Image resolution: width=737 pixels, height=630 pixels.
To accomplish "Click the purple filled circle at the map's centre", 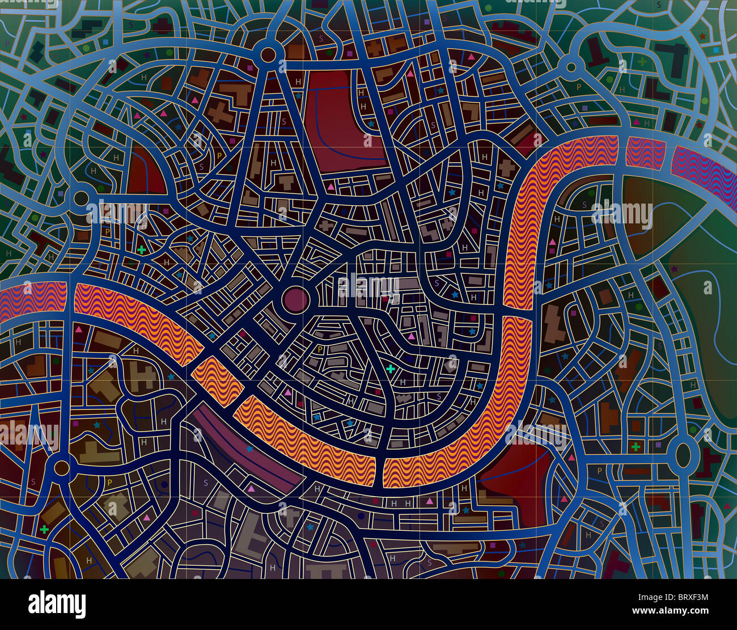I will click(295, 299).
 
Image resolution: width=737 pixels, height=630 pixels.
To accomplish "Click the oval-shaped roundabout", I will click(684, 454).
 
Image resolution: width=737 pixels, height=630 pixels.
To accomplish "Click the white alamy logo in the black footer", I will click(57, 605).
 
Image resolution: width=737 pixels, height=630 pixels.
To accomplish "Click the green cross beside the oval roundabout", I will click(636, 447).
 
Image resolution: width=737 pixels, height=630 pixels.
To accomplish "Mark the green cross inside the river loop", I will click(390, 369).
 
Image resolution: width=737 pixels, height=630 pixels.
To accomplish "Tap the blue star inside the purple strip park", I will click(249, 449).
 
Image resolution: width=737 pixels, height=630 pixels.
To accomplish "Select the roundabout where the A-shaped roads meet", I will click(268, 54).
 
